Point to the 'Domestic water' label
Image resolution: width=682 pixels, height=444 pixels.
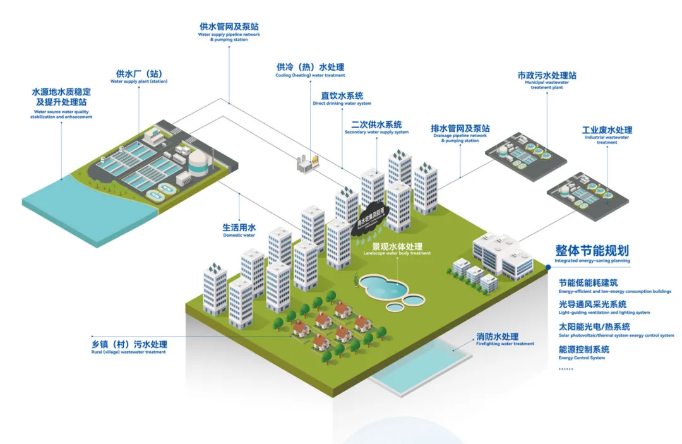(x=239, y=230)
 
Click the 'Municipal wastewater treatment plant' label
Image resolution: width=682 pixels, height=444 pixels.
(x=546, y=80)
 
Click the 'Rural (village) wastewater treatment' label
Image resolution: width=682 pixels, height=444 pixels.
(x=129, y=347)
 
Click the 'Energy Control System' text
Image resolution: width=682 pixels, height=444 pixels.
(x=584, y=352)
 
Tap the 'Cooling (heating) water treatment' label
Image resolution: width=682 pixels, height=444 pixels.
(x=310, y=70)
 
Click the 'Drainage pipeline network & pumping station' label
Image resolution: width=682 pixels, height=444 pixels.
(x=460, y=131)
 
